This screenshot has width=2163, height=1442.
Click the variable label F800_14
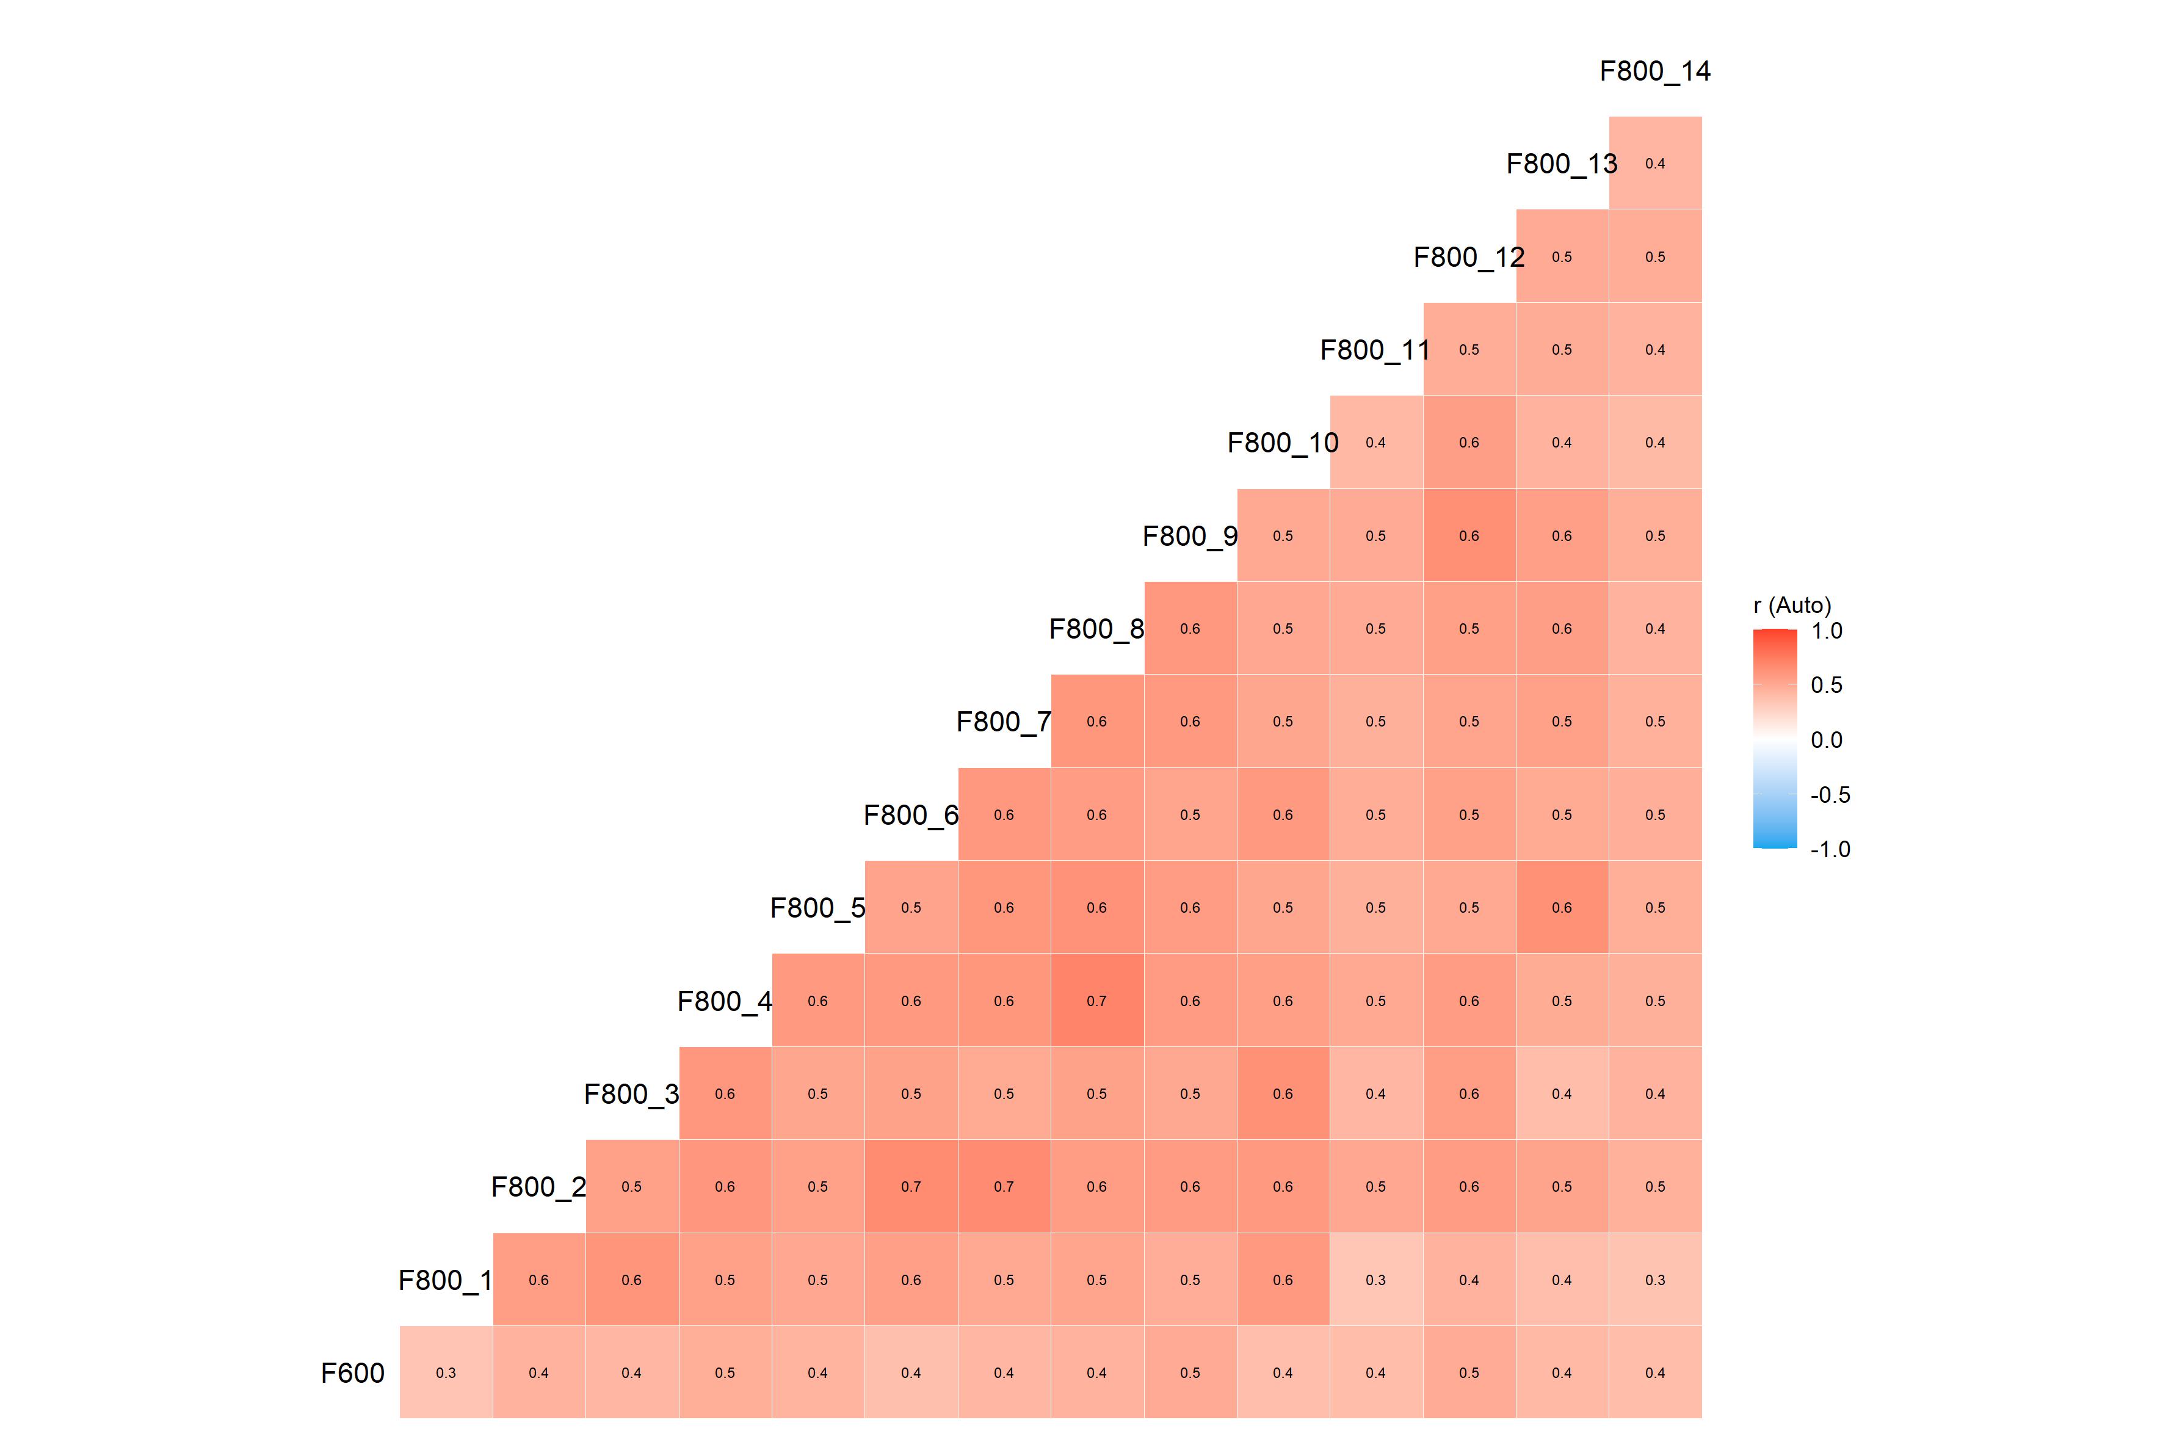(1654, 71)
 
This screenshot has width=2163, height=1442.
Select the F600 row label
(352, 1373)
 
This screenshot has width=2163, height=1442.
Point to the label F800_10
(1282, 443)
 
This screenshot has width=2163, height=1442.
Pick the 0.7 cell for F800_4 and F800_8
(1096, 1001)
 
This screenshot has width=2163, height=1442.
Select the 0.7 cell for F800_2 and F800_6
(910, 1186)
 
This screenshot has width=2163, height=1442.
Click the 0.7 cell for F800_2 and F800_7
(1003, 1186)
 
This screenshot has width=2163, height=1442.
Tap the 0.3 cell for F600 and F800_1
(446, 1373)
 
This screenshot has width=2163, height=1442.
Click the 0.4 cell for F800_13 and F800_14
(1654, 164)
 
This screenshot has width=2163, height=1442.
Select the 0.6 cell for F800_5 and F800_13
(1562, 908)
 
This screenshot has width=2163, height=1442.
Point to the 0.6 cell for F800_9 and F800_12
(1469, 536)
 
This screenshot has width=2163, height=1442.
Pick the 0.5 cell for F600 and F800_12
(1469, 1373)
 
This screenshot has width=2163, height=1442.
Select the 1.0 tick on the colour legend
(1827, 631)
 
